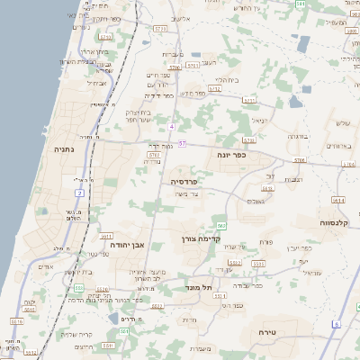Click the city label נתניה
[63, 148]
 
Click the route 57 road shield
[183, 142]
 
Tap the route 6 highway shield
[336, 324]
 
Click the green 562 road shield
[221, 225]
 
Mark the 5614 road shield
[337, 200]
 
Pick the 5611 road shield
[105, 236]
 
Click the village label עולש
[342, 122]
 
